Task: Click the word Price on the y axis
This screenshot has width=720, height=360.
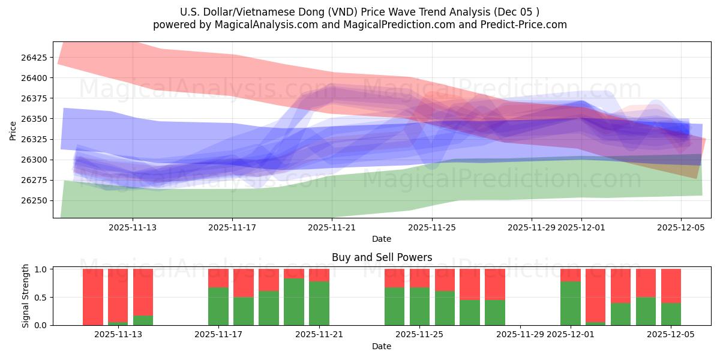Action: [13, 130]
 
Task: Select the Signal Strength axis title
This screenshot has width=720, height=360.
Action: [26, 296]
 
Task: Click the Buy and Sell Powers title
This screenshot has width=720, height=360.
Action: [382, 257]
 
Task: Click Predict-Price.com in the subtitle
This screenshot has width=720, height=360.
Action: [522, 25]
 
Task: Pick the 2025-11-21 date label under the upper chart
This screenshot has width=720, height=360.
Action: [332, 227]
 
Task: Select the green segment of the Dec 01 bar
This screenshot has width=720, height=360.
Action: [571, 303]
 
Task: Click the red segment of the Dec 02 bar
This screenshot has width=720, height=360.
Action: [596, 294]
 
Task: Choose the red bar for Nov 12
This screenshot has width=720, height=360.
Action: [93, 296]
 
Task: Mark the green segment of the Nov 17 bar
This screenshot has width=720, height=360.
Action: [218, 306]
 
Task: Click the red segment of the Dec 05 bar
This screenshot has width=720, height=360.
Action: [671, 285]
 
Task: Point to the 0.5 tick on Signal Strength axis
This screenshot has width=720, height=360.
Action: [42, 298]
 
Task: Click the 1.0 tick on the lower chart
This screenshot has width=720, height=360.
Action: [42, 269]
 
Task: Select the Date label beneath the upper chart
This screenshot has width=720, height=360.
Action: [382, 239]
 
